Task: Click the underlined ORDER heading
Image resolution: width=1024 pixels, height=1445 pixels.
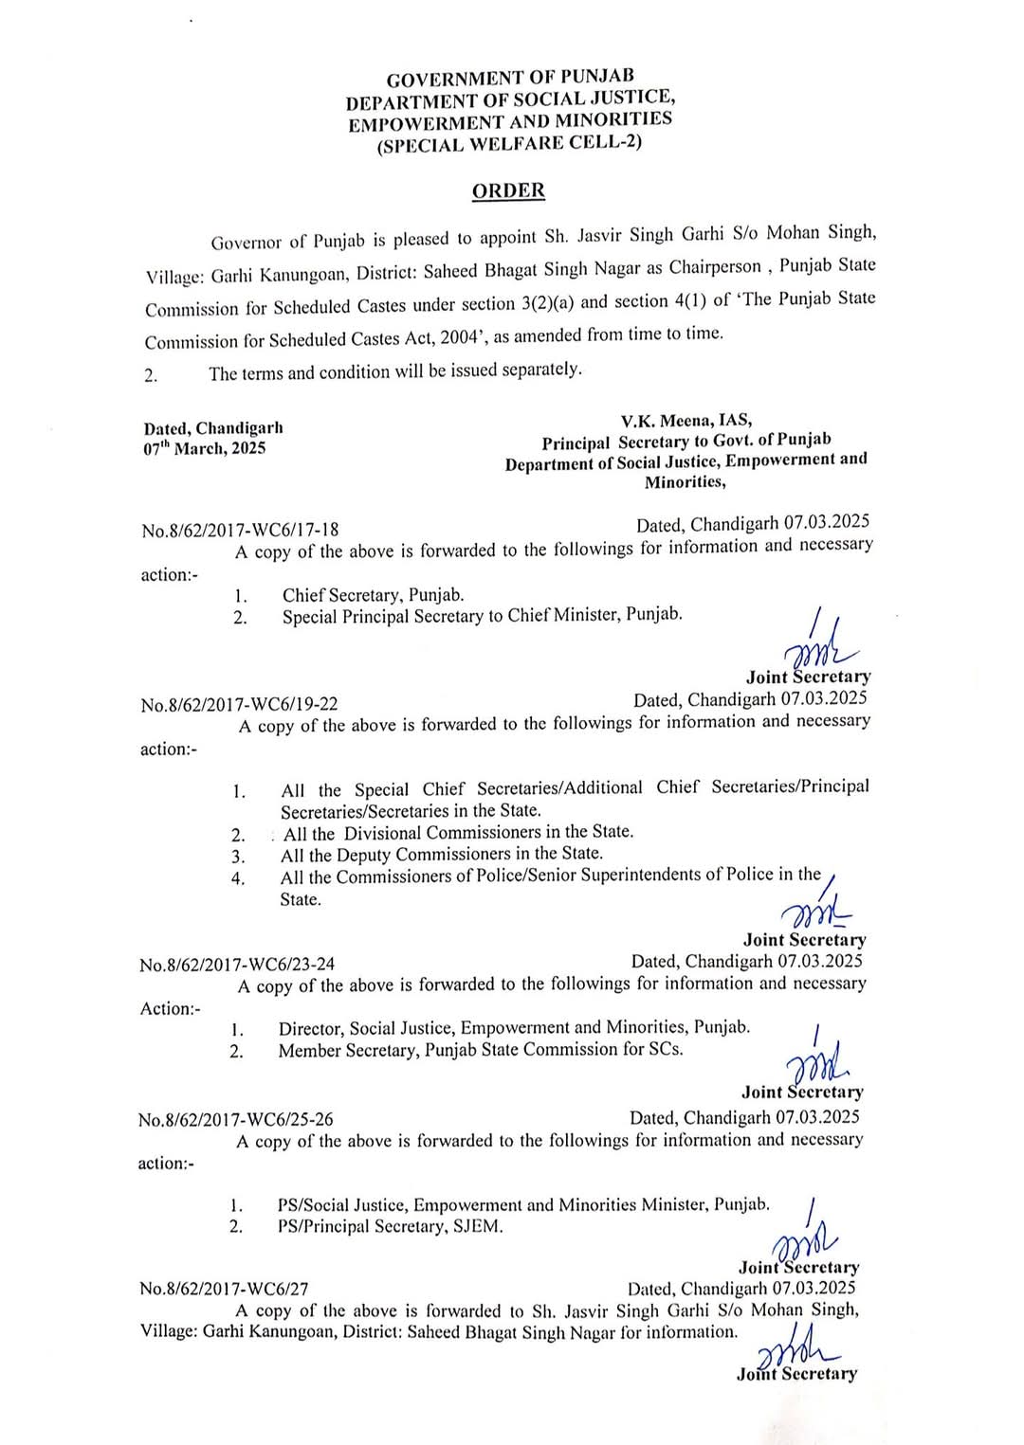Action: pyautogui.click(x=508, y=190)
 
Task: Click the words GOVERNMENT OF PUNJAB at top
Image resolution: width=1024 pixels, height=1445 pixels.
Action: pyautogui.click(x=510, y=78)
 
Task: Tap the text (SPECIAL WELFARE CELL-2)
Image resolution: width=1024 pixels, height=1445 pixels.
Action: pyautogui.click(x=509, y=144)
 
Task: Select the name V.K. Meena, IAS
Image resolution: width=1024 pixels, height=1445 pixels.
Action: pyautogui.click(x=686, y=421)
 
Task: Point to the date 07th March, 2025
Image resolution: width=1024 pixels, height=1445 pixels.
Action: pyautogui.click(x=205, y=449)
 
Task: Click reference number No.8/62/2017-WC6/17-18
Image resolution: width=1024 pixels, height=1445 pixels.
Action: pyautogui.click(x=240, y=530)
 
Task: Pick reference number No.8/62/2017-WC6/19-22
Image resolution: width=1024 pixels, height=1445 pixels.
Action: pyautogui.click(x=239, y=704)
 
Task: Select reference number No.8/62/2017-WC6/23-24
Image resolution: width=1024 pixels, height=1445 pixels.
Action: pyautogui.click(x=237, y=965)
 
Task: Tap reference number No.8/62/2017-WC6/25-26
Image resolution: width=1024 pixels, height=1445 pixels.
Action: pyautogui.click(x=235, y=1119)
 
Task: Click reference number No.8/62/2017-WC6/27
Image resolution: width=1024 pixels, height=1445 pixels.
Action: pyautogui.click(x=224, y=1289)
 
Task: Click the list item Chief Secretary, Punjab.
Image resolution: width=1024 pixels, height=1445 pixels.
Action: pyautogui.click(x=373, y=595)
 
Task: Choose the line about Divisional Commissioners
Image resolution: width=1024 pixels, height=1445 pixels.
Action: pyautogui.click(x=458, y=833)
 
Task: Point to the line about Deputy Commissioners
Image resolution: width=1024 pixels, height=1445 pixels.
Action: pyautogui.click(x=442, y=855)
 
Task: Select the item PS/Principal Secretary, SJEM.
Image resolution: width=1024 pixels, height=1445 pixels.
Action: pyautogui.click(x=390, y=1227)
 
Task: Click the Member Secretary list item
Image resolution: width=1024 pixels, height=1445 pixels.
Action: pyautogui.click(x=480, y=1050)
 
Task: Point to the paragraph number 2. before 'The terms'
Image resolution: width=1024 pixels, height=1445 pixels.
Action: pyautogui.click(x=151, y=375)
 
